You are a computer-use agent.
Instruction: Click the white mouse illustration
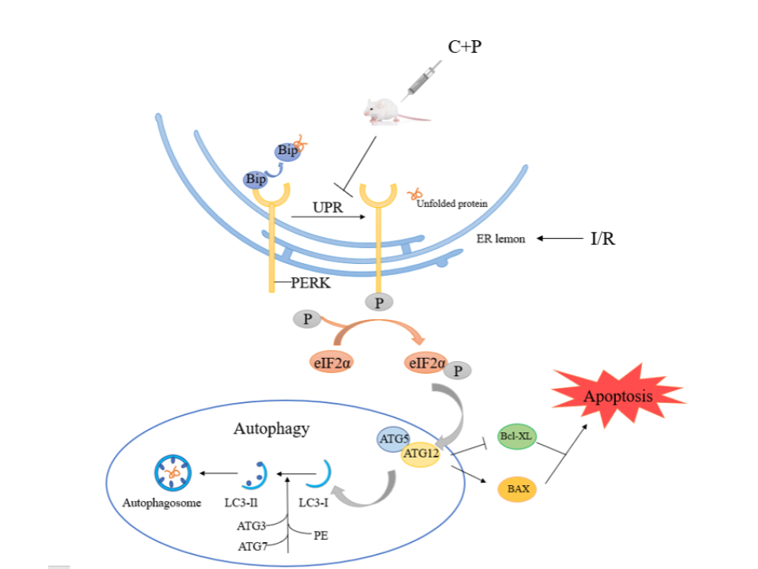pyautogui.click(x=385, y=111)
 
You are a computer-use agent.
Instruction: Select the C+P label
pyautogui.click(x=464, y=47)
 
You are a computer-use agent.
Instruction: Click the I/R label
pyautogui.click(x=602, y=238)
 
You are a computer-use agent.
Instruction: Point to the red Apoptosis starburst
pyautogui.click(x=618, y=395)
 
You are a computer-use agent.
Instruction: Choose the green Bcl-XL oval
pyautogui.click(x=517, y=436)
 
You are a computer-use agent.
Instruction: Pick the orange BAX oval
pyautogui.click(x=518, y=489)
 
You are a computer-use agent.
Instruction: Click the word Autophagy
pyautogui.click(x=271, y=429)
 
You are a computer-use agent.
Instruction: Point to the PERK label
pyautogui.click(x=309, y=283)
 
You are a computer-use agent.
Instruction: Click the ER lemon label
pyautogui.click(x=501, y=239)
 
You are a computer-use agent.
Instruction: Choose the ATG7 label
pyautogui.click(x=253, y=546)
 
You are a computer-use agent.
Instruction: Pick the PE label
pyautogui.click(x=321, y=535)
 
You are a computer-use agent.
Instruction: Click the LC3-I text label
pyautogui.click(x=314, y=503)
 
